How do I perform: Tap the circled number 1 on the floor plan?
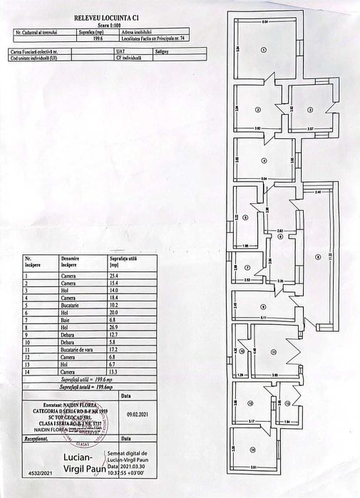(x=263, y=50)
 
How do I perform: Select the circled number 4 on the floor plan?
(x=264, y=160)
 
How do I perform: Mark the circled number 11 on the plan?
(x=273, y=351)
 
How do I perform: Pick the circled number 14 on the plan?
(x=252, y=450)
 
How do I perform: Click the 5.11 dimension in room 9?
(x=263, y=317)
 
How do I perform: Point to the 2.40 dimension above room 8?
(x=319, y=193)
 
